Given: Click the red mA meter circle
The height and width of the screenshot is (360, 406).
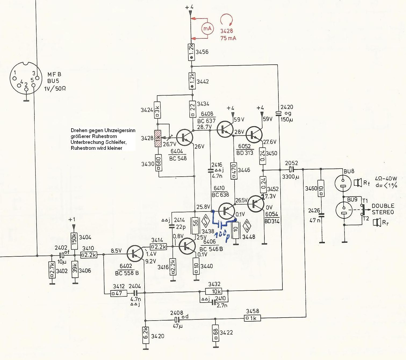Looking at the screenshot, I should coord(207,28).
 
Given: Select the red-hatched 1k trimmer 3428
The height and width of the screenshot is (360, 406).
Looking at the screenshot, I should coord(158,139).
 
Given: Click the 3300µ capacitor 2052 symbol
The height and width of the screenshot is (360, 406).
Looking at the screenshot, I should coord(292,169).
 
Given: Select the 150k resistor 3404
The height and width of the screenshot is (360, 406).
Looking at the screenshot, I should coord(74,238).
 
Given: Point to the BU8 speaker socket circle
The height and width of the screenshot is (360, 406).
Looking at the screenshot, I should coord(343,183).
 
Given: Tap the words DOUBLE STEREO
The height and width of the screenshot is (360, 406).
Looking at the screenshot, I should coord(383,209).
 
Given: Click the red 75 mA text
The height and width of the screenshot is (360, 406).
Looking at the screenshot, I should coord(228,38).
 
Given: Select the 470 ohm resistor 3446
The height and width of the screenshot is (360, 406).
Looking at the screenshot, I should coord(234,170).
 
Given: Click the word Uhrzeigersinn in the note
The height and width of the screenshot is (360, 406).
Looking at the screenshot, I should coord(119,130).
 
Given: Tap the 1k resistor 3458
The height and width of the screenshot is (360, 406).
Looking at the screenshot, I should coord(252,318).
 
